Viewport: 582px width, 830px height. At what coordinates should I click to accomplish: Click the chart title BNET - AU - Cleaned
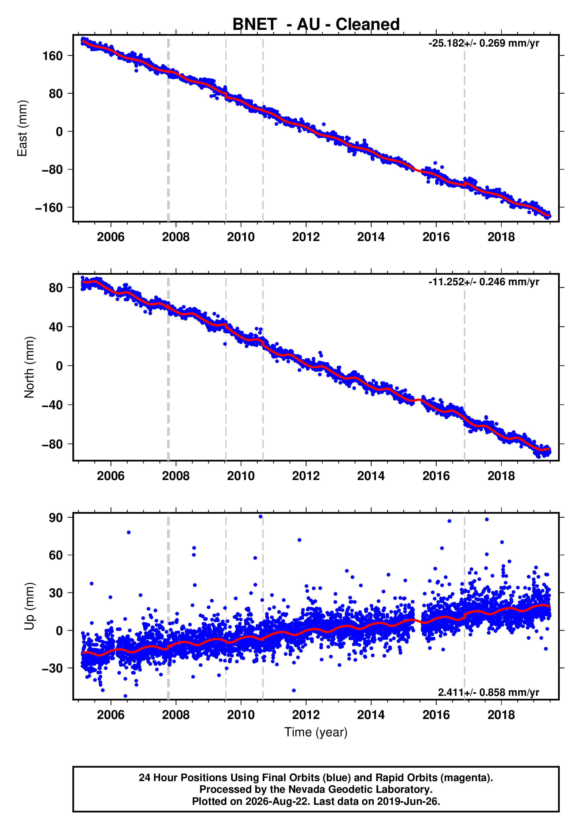click(316, 24)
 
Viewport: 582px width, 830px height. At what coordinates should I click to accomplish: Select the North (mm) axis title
click(29, 367)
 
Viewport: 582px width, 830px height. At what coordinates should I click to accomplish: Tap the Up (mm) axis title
click(29, 606)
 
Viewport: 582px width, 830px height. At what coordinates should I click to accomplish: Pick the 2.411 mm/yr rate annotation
click(489, 692)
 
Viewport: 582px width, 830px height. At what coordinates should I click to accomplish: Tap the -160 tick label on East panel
click(49, 208)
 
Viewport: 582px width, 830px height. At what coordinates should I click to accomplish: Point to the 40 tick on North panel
click(56, 327)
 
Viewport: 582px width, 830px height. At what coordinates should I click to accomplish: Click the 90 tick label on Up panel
click(56, 518)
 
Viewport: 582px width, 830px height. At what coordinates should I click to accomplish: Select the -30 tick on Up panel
click(53, 668)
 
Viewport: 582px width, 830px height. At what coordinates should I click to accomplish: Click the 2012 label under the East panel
click(306, 237)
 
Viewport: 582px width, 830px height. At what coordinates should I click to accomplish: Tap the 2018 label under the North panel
click(501, 476)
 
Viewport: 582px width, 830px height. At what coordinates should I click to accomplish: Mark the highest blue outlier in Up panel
click(261, 517)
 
